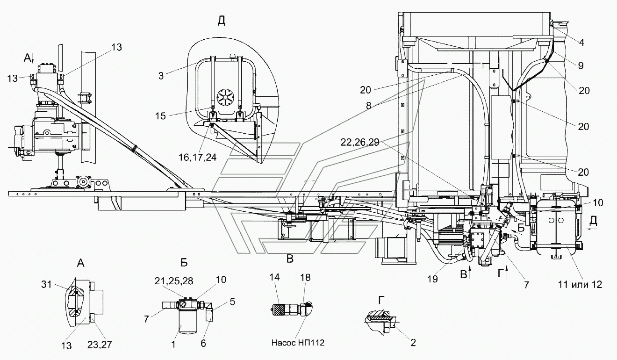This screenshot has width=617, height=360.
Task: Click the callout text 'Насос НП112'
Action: pyautogui.click(x=298, y=343)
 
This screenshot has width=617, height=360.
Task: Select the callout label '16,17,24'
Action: pyautogui.click(x=197, y=157)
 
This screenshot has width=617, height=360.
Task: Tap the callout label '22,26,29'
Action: pyautogui.click(x=360, y=143)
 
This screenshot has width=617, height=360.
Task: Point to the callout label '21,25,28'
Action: pyautogui.click(x=174, y=281)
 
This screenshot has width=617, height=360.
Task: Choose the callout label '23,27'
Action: pyautogui.click(x=100, y=345)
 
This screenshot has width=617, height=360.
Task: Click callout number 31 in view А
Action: pyautogui.click(x=47, y=284)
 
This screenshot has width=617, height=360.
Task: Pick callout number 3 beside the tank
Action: pyautogui.click(x=161, y=76)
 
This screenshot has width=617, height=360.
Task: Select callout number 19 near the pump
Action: pyautogui.click(x=433, y=279)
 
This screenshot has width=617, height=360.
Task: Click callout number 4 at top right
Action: pyautogui.click(x=581, y=43)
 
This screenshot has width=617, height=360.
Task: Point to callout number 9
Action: pyautogui.click(x=581, y=65)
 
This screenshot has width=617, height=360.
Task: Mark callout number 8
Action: pyautogui.click(x=368, y=106)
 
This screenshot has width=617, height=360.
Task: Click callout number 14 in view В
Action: pyautogui.click(x=275, y=277)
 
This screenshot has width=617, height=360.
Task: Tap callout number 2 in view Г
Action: pyautogui.click(x=413, y=342)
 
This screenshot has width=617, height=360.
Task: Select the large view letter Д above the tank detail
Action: pyautogui.click(x=222, y=21)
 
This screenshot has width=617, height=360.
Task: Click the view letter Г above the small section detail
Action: pyautogui.click(x=381, y=301)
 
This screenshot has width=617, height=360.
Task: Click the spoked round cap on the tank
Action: pyautogui.click(x=225, y=98)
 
